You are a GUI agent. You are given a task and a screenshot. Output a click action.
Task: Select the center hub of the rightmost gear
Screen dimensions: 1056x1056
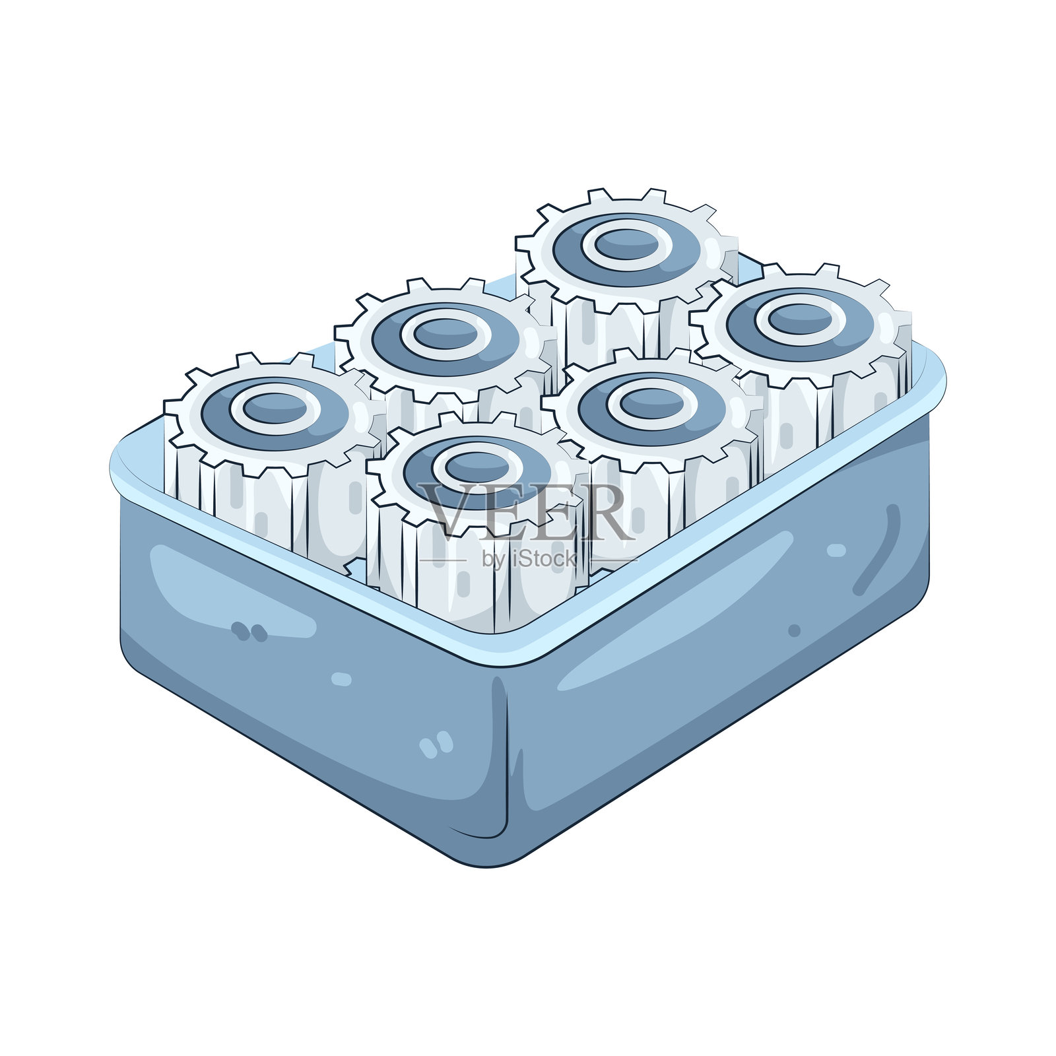pyautogui.click(x=800, y=319)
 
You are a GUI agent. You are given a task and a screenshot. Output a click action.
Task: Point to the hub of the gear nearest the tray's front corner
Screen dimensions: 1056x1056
pyautogui.click(x=477, y=467)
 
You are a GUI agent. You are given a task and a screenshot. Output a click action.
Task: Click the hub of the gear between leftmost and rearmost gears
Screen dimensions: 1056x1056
pyautogui.click(x=446, y=334)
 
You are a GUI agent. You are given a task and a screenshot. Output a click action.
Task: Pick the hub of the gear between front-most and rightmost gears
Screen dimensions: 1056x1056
pyautogui.click(x=652, y=403)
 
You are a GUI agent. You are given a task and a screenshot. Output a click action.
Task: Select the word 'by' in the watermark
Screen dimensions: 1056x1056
pyautogui.click(x=494, y=560)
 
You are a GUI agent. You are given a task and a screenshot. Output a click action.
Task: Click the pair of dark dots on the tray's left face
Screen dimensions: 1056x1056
pyautogui.click(x=249, y=632)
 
